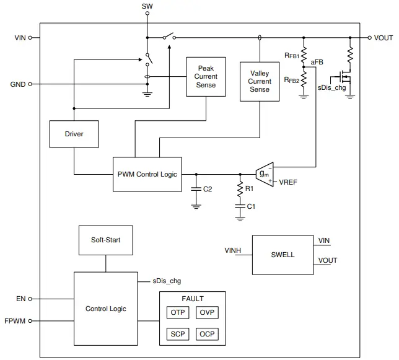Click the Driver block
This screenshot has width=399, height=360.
[74, 134]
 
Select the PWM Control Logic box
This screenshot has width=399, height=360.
[147, 174]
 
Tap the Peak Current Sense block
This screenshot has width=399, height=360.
[206, 77]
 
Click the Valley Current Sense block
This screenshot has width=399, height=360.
[260, 81]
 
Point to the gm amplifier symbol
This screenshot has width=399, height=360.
[265, 174]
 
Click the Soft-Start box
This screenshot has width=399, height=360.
[105, 240]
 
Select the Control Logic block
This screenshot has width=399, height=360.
[105, 309]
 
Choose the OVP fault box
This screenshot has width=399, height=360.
[207, 312]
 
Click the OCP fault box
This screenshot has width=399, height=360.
[207, 335]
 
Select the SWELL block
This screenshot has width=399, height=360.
[283, 255]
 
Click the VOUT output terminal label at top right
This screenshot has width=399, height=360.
[383, 38]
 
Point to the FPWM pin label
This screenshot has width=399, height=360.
[15, 321]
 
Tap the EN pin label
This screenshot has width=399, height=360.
[20, 299]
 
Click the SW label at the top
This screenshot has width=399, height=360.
[147, 6]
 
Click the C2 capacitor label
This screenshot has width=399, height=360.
[208, 189]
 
